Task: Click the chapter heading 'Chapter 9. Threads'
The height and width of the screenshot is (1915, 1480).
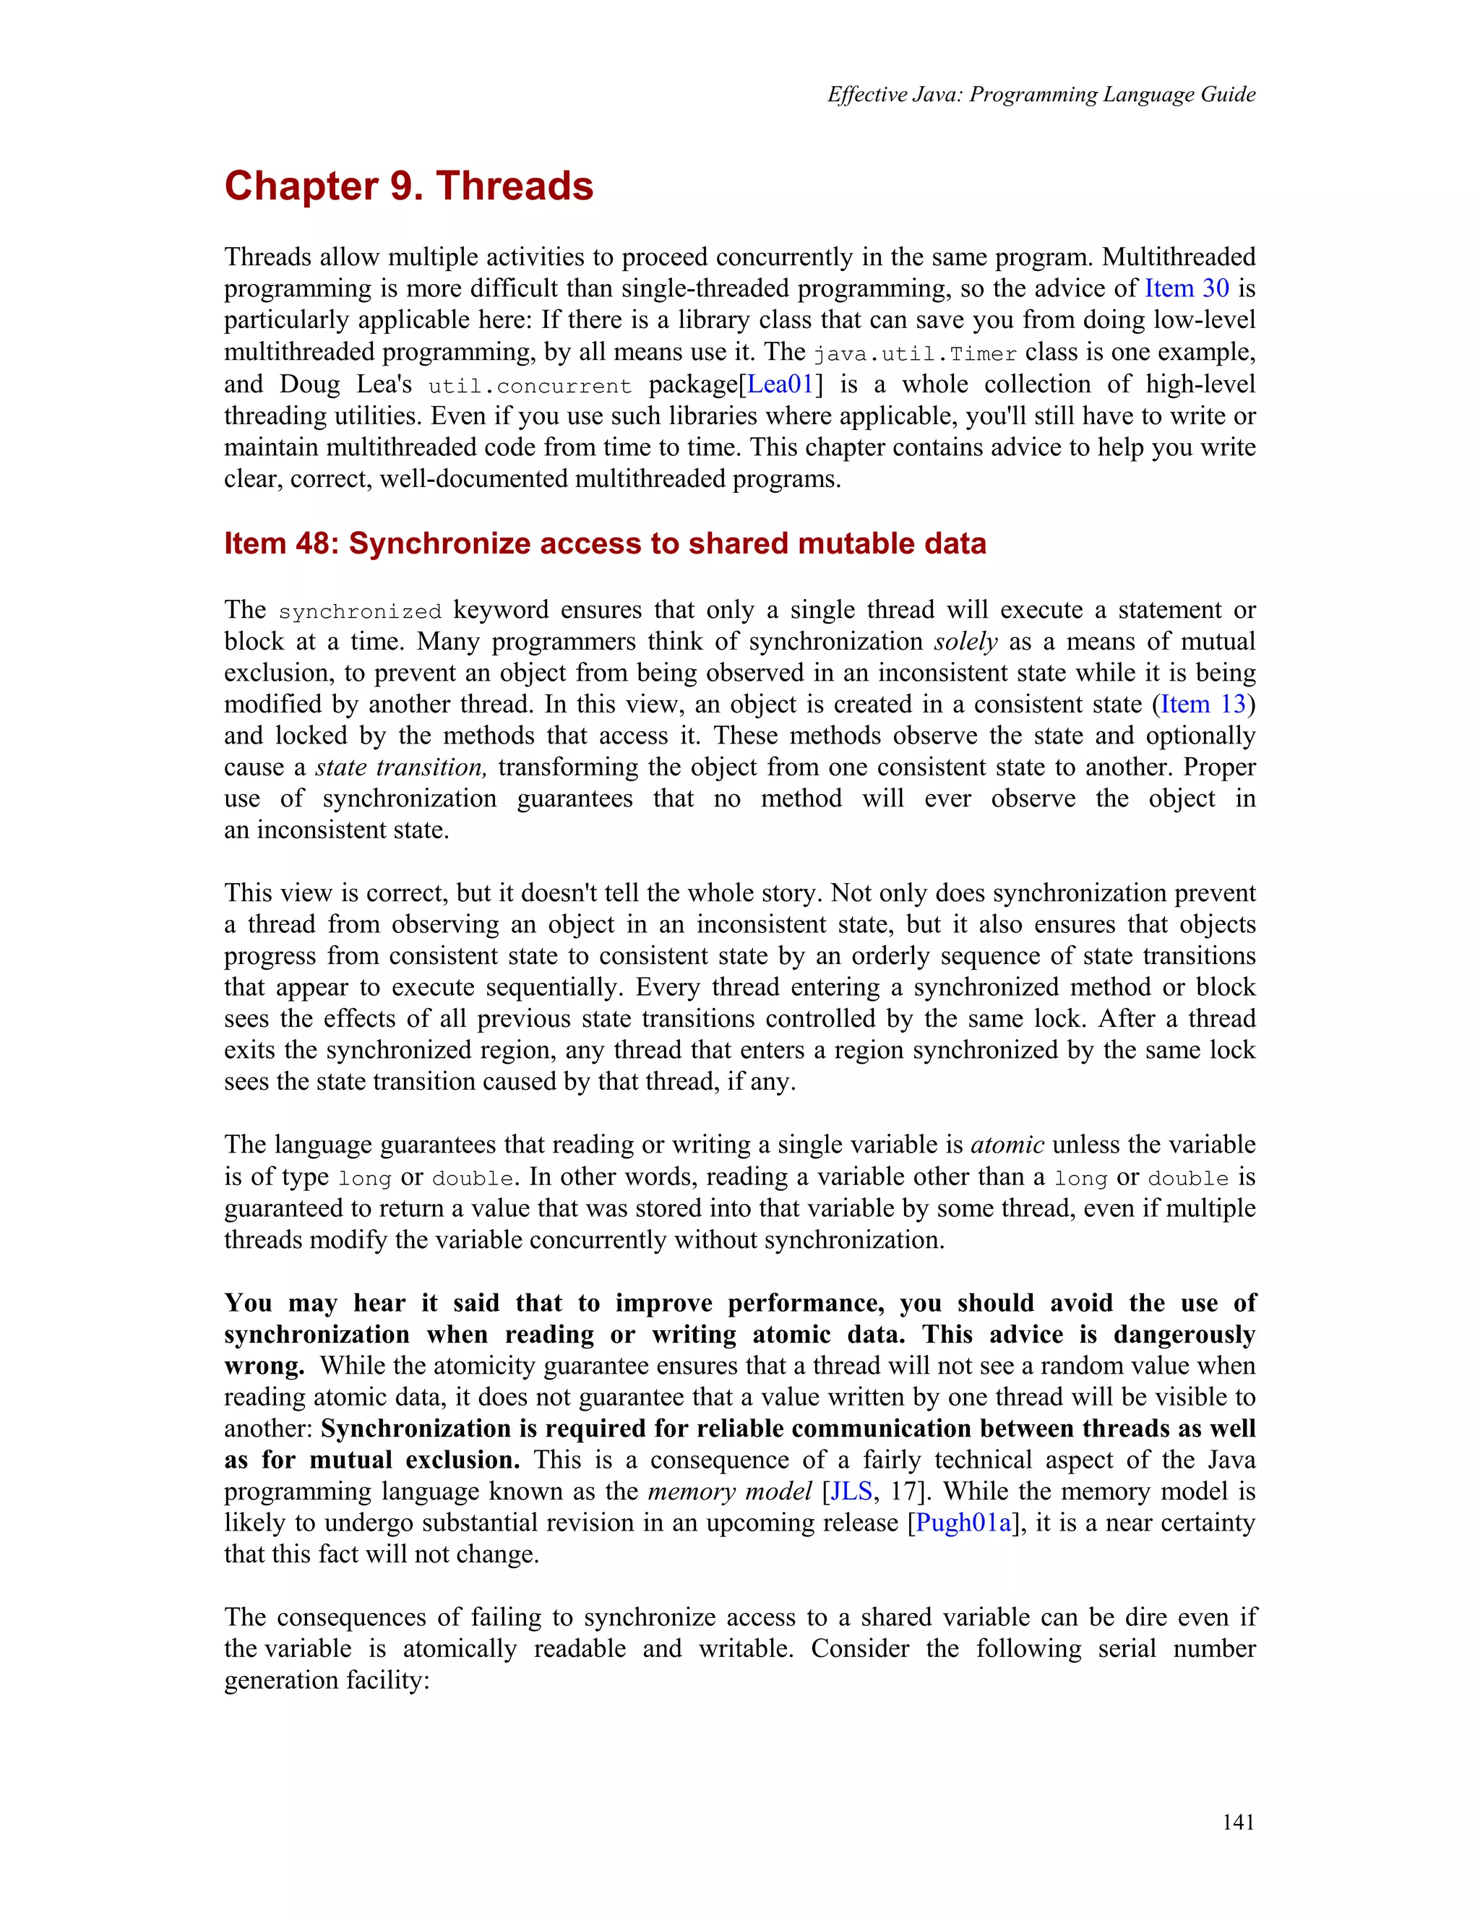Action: (x=408, y=186)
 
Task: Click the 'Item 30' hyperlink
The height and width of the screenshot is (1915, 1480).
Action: (x=1187, y=288)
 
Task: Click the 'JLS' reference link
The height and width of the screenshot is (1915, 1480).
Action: (x=851, y=1492)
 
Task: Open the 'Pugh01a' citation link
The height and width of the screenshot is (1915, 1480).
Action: (x=963, y=1523)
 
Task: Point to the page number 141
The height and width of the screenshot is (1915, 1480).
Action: (x=1238, y=1822)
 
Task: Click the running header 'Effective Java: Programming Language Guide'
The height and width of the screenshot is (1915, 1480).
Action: (x=1041, y=95)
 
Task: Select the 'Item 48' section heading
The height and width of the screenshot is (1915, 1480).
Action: (x=605, y=543)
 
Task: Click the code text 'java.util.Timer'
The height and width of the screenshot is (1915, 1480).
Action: (x=914, y=354)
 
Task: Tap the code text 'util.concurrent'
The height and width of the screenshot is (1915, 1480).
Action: (x=530, y=387)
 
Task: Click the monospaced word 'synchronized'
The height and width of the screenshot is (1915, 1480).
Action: (x=359, y=612)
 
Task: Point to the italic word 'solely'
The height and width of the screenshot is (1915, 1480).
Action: (x=965, y=642)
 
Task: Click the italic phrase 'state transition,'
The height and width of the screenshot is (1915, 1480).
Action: (x=400, y=767)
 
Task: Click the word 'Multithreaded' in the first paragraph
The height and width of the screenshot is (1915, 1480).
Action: (x=1179, y=257)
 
